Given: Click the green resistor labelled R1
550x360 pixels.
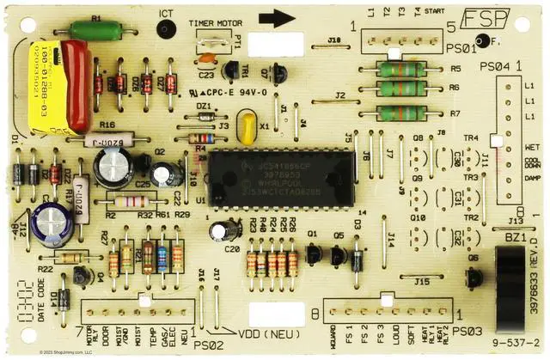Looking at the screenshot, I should click(96, 30).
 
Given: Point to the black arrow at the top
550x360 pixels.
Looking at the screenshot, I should click(277, 18).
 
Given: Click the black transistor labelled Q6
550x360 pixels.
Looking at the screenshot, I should click(473, 277).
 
